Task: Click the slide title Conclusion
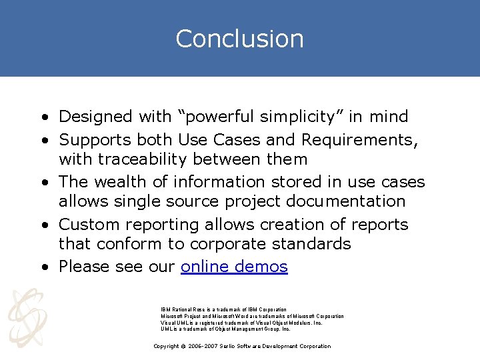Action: coord(239,39)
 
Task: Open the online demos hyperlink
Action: coord(234,267)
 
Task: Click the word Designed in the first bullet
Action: coord(95,117)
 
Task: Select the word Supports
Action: coord(95,140)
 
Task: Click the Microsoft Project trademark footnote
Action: coord(252,316)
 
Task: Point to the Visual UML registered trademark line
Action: coord(241,323)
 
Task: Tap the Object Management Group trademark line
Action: coord(225,329)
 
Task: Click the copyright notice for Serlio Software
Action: coord(241,346)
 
